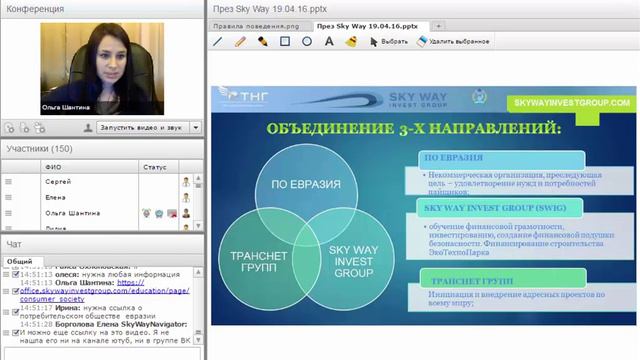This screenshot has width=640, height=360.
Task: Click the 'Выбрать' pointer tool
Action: pyautogui.click(x=389, y=42)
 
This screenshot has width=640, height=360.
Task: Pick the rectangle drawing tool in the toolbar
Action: pyautogui.click(x=285, y=42)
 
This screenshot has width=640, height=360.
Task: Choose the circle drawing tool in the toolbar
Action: pyautogui.click(x=307, y=42)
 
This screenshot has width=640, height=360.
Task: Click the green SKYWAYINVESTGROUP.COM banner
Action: pyautogui.click(x=570, y=103)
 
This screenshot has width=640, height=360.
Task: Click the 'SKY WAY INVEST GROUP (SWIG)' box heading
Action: pyautogui.click(x=482, y=210)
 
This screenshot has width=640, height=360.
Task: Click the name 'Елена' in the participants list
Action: pyautogui.click(x=58, y=198)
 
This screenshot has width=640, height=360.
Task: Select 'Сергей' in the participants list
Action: pyautogui.click(x=59, y=183)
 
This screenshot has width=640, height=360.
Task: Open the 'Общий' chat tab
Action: pyautogui.click(x=19, y=260)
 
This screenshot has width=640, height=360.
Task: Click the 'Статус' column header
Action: pyautogui.click(x=155, y=167)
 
